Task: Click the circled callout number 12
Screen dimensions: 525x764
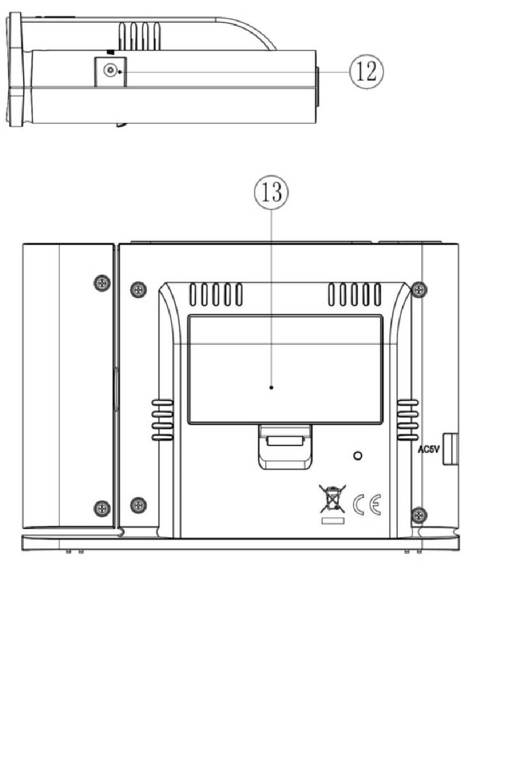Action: tap(366, 72)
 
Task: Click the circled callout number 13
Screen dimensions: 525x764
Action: tap(272, 192)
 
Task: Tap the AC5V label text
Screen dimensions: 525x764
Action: tap(429, 449)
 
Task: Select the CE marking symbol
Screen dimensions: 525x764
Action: tap(367, 504)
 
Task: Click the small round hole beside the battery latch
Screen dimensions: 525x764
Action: tap(358, 456)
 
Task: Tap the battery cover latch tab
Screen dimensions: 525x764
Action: tap(285, 447)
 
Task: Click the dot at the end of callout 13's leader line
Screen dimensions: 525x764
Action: tap(271, 387)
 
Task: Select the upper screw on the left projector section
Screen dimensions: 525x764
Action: tap(102, 282)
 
